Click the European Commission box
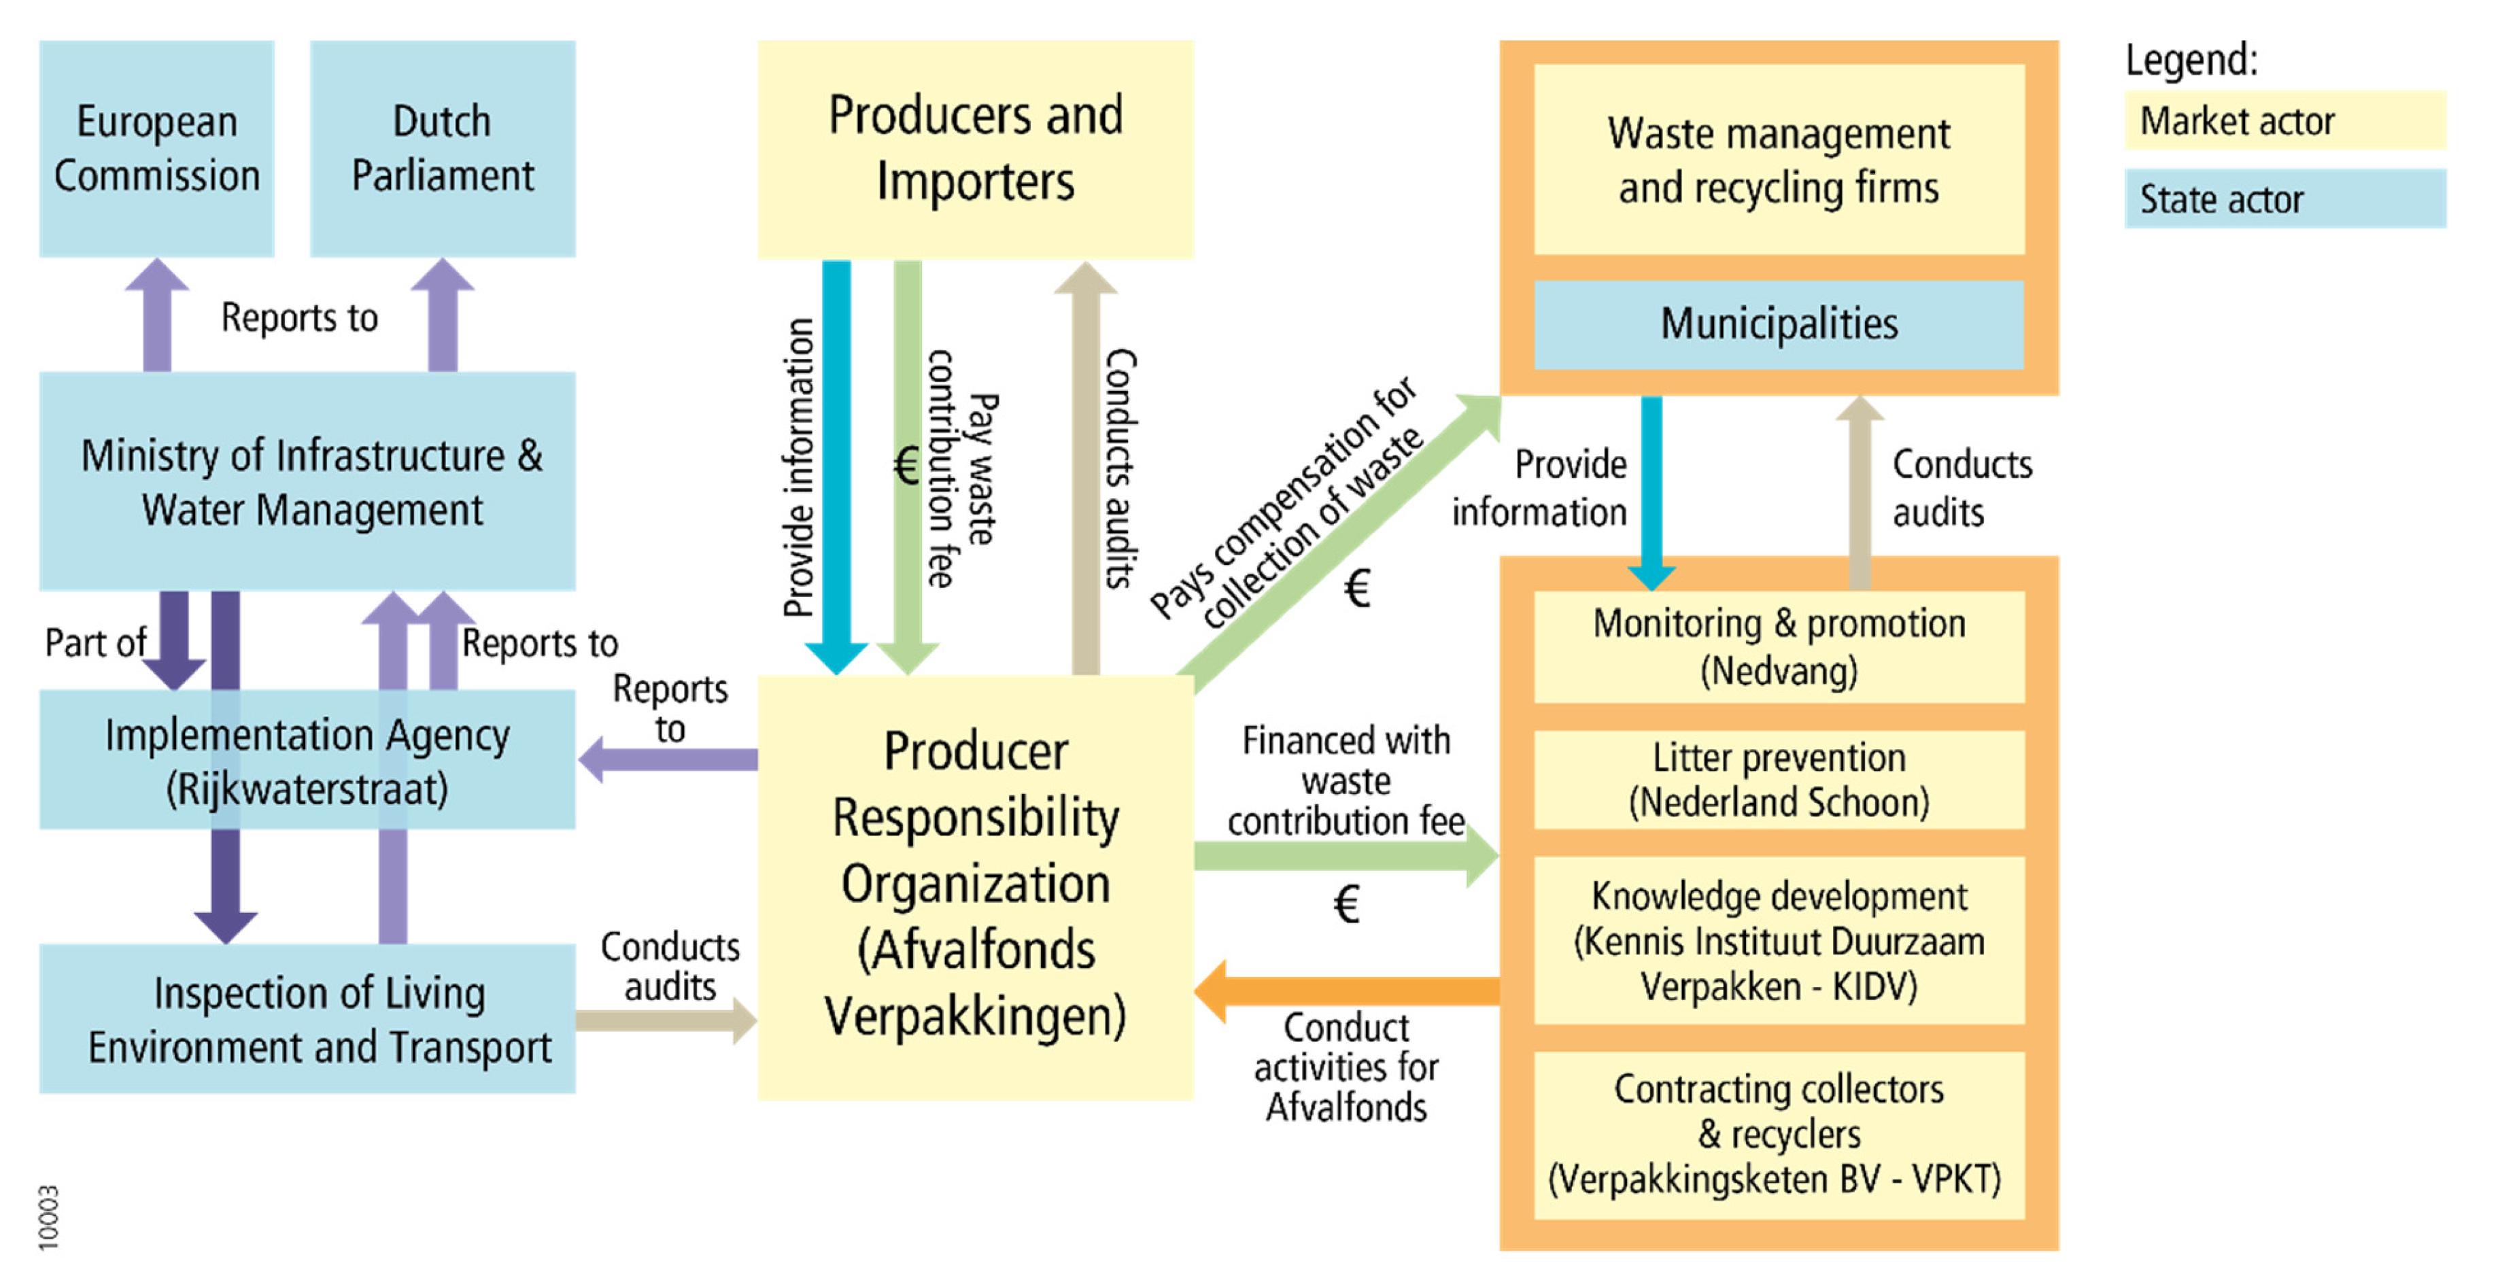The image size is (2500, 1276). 156,148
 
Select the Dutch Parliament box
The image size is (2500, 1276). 443,148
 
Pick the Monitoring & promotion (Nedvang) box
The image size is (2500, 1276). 1778,646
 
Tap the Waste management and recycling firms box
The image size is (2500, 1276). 1778,160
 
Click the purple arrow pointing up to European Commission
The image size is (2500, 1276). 157,315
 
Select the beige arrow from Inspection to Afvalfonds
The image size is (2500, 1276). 665,1020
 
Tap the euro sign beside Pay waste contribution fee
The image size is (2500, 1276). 906,466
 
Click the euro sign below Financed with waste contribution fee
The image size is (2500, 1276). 1346,904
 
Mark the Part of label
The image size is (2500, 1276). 95,642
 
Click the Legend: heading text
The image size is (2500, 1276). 2191,60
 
